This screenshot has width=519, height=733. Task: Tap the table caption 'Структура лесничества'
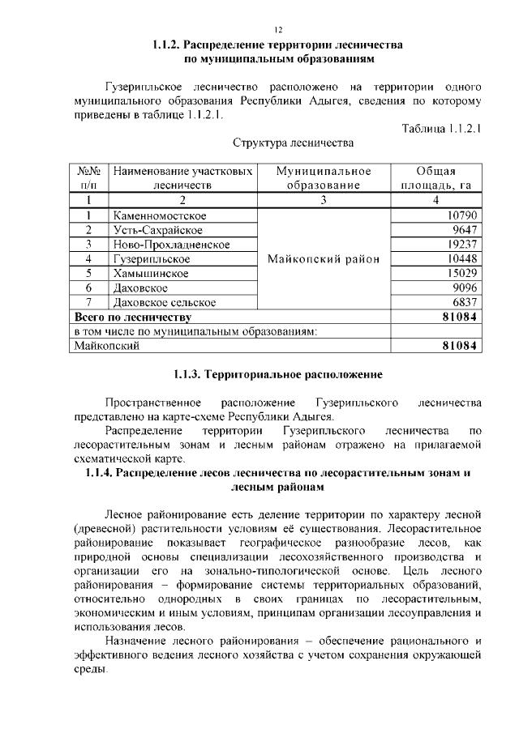point(293,143)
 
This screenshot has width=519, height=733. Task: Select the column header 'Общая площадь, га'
point(435,178)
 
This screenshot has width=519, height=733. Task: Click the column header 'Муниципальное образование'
point(323,178)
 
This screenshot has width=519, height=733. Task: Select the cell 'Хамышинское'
point(151,274)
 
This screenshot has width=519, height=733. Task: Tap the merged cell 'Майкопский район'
point(323,259)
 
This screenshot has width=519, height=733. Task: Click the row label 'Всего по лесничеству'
point(132,317)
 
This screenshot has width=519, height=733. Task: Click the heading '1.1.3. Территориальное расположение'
point(277,376)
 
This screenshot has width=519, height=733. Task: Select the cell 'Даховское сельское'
point(165,302)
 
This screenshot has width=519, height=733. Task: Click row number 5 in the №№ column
point(88,274)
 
